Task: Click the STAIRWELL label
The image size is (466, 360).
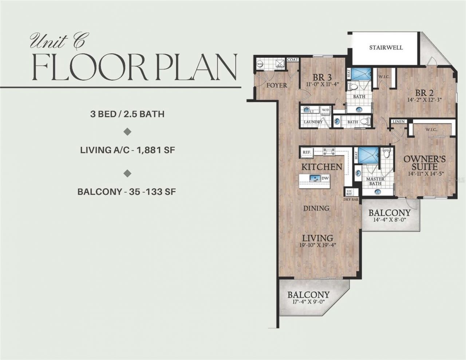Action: point(386,48)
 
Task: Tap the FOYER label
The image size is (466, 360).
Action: point(277,86)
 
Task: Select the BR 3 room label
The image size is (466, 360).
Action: point(322,78)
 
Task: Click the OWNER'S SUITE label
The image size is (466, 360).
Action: point(424,163)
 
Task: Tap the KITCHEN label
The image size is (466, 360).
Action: point(321,167)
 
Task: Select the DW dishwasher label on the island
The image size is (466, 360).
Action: point(325,178)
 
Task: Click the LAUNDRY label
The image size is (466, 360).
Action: point(313,122)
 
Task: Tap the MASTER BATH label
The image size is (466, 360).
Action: point(375,181)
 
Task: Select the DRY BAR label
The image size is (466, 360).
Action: point(351,199)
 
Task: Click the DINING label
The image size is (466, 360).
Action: point(317,208)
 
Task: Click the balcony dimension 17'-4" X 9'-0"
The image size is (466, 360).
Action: point(308,302)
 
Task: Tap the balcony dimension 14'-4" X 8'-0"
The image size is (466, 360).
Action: point(389,219)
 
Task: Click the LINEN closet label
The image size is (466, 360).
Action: point(399,121)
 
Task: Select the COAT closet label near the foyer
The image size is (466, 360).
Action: point(292,60)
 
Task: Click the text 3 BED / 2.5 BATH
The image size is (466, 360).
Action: point(127,114)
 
